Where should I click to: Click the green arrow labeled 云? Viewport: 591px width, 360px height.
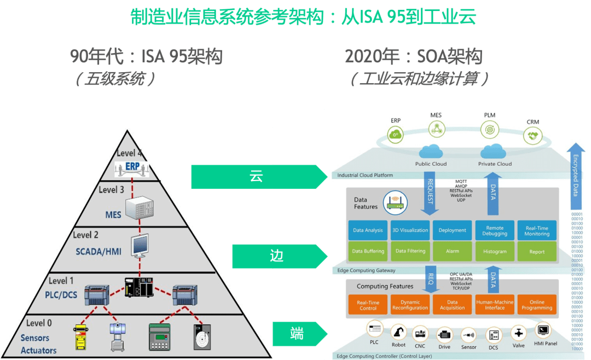click(x=257, y=177)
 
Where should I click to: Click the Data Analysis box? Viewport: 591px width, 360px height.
click(x=368, y=230)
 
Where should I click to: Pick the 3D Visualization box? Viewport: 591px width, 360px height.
click(x=410, y=230)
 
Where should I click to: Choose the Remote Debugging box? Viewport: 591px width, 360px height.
click(x=495, y=230)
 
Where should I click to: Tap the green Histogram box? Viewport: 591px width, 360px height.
click(x=495, y=252)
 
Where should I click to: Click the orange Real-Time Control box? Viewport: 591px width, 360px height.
click(x=368, y=305)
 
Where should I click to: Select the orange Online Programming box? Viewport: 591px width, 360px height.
click(x=537, y=305)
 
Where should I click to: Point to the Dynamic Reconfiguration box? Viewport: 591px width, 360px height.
click(x=410, y=305)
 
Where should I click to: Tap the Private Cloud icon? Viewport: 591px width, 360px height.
click(x=495, y=151)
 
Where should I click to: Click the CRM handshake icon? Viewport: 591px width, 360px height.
click(x=532, y=136)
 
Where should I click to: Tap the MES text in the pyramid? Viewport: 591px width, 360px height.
click(x=113, y=214)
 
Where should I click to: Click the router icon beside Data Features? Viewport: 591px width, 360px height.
click(x=395, y=202)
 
